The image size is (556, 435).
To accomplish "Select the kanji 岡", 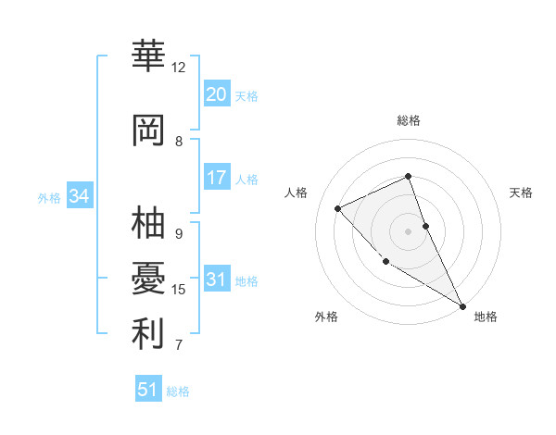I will click(148, 131).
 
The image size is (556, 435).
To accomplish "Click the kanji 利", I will click(148, 335).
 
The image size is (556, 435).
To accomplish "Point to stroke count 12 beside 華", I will click(178, 68).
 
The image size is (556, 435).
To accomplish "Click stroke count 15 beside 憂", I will click(179, 290).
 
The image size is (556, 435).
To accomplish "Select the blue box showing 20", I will click(216, 94).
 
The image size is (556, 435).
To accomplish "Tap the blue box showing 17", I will click(216, 178).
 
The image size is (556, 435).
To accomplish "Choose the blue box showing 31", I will click(216, 280).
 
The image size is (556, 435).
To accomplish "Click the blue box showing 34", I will click(79, 196).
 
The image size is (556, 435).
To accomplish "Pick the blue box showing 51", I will click(147, 390).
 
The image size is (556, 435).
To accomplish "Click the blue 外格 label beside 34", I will click(49, 197).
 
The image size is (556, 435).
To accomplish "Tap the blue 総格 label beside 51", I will click(178, 391).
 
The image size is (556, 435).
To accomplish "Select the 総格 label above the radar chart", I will click(408, 120).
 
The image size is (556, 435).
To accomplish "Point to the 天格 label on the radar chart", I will click(521, 193).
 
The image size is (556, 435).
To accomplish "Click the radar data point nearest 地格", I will click(462, 305).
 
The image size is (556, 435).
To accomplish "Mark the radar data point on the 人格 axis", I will click(338, 208).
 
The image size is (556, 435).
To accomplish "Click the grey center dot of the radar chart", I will click(408, 230).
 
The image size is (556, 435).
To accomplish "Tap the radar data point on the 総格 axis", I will click(408, 176).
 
